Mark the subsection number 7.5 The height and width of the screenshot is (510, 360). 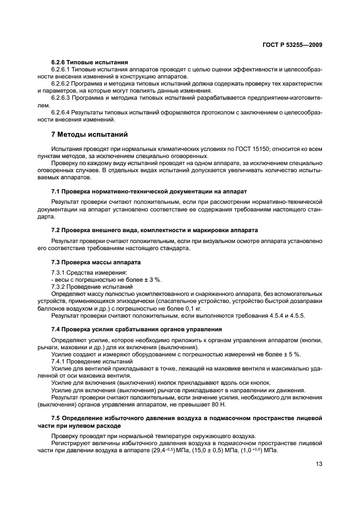(56, 417)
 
